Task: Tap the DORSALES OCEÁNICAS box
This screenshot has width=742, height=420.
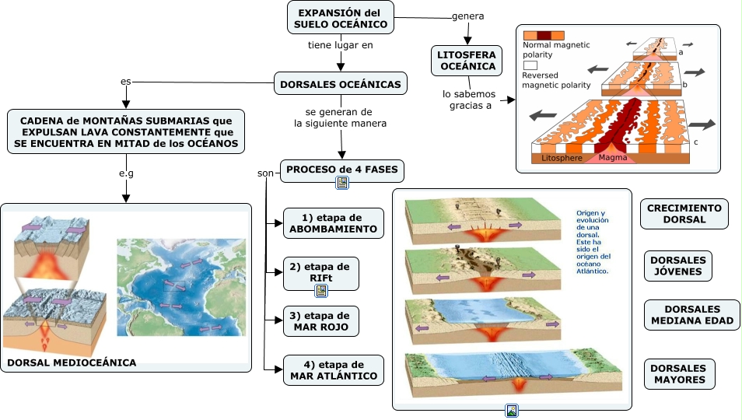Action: click(x=341, y=84)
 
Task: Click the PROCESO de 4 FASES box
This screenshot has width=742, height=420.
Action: click(x=341, y=170)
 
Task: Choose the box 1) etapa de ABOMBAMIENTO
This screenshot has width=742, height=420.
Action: click(x=333, y=223)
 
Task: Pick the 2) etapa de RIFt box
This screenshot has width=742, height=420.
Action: click(x=320, y=271)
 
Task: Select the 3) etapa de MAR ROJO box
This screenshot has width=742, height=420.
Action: click(x=320, y=321)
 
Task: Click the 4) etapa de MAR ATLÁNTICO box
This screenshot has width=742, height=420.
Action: click(x=333, y=370)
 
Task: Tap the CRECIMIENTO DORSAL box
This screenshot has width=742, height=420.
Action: click(x=684, y=213)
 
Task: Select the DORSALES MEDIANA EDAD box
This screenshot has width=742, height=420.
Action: click(x=692, y=315)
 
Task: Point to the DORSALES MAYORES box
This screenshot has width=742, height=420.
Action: click(x=679, y=373)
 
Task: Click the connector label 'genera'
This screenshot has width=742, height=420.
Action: click(x=467, y=16)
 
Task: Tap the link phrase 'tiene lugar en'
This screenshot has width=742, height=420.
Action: click(x=341, y=45)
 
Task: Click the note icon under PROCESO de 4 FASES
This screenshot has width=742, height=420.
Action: click(x=341, y=183)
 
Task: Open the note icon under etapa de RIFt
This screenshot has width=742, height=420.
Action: click(x=320, y=290)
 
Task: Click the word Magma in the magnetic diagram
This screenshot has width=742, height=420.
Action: click(x=613, y=159)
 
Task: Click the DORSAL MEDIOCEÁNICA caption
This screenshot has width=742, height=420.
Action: click(x=71, y=362)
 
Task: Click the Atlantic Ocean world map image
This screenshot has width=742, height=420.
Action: click(x=180, y=287)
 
